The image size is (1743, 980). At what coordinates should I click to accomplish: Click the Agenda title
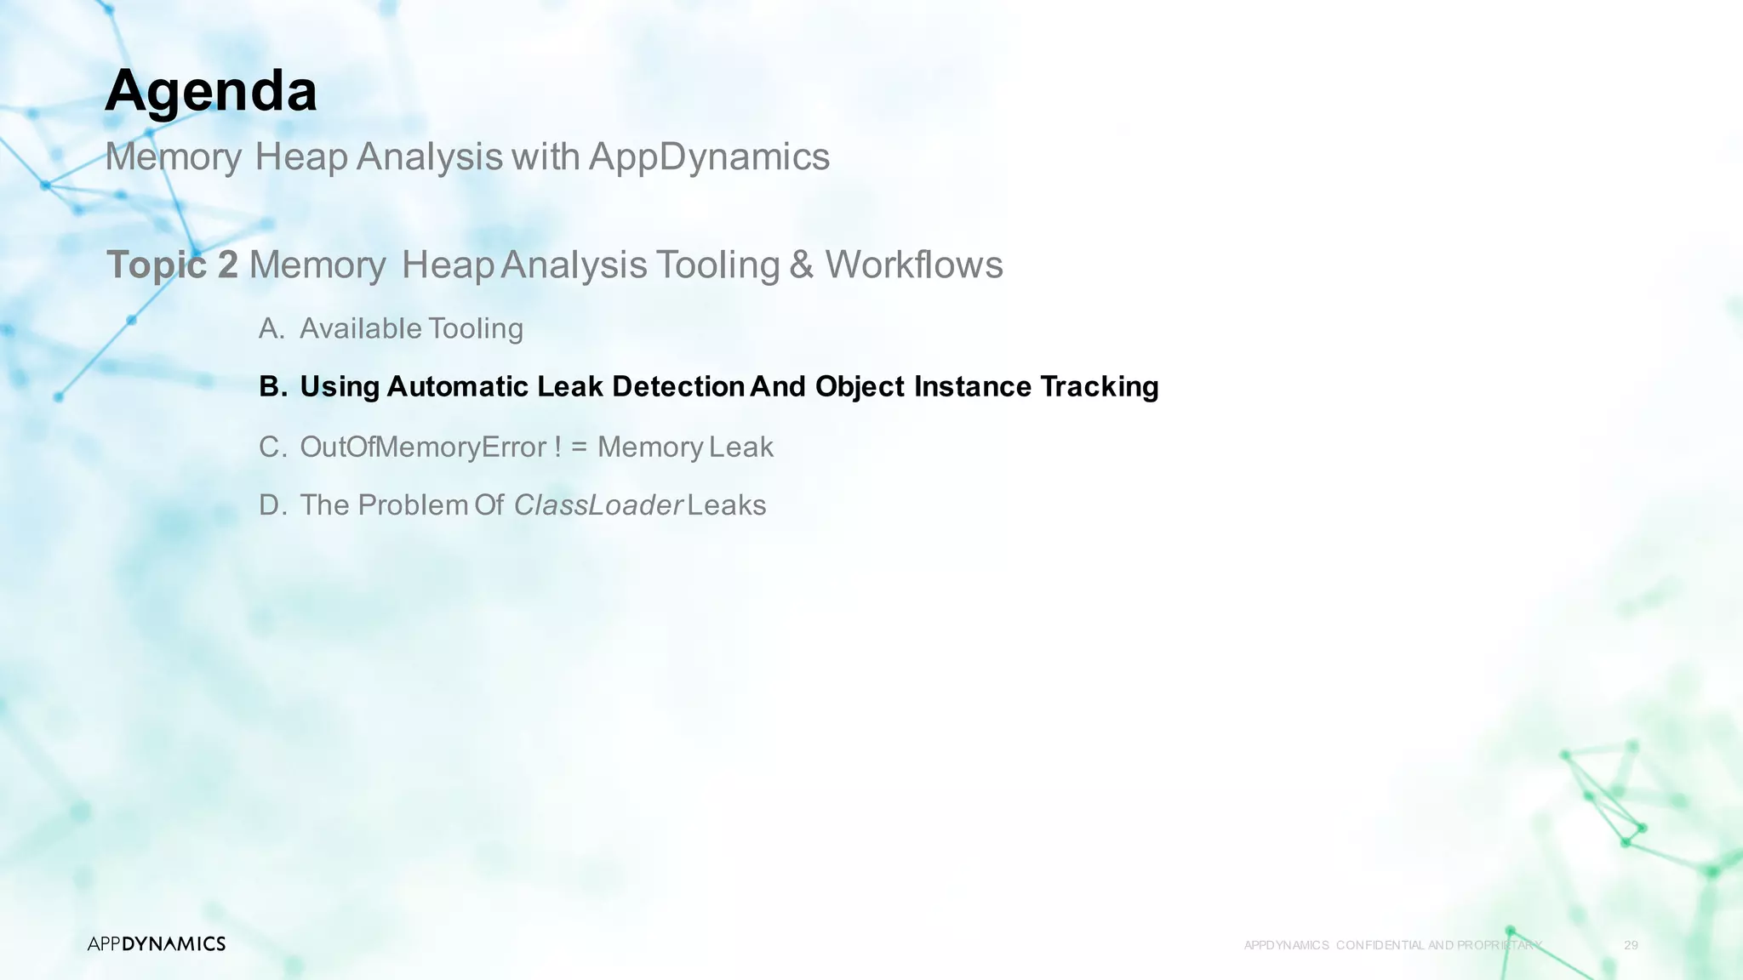point(211,91)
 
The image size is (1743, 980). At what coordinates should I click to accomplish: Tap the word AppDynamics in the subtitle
point(709,157)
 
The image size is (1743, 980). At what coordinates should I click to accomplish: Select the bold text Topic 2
point(172,265)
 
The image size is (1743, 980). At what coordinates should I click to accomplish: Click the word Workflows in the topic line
point(914,265)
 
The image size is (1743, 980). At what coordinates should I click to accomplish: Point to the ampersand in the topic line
point(801,265)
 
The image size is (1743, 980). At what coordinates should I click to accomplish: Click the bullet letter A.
point(271,328)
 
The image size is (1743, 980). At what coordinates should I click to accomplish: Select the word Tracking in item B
point(1099,387)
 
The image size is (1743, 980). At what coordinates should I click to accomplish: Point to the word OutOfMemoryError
point(423,447)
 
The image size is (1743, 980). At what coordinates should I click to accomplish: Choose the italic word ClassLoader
point(598,505)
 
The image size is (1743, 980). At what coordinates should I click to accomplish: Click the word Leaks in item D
point(727,505)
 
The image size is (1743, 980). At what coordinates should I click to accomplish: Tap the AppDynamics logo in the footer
point(157,943)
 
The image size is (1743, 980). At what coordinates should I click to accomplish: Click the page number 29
point(1631,945)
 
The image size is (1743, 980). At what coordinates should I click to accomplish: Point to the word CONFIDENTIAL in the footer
point(1380,945)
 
